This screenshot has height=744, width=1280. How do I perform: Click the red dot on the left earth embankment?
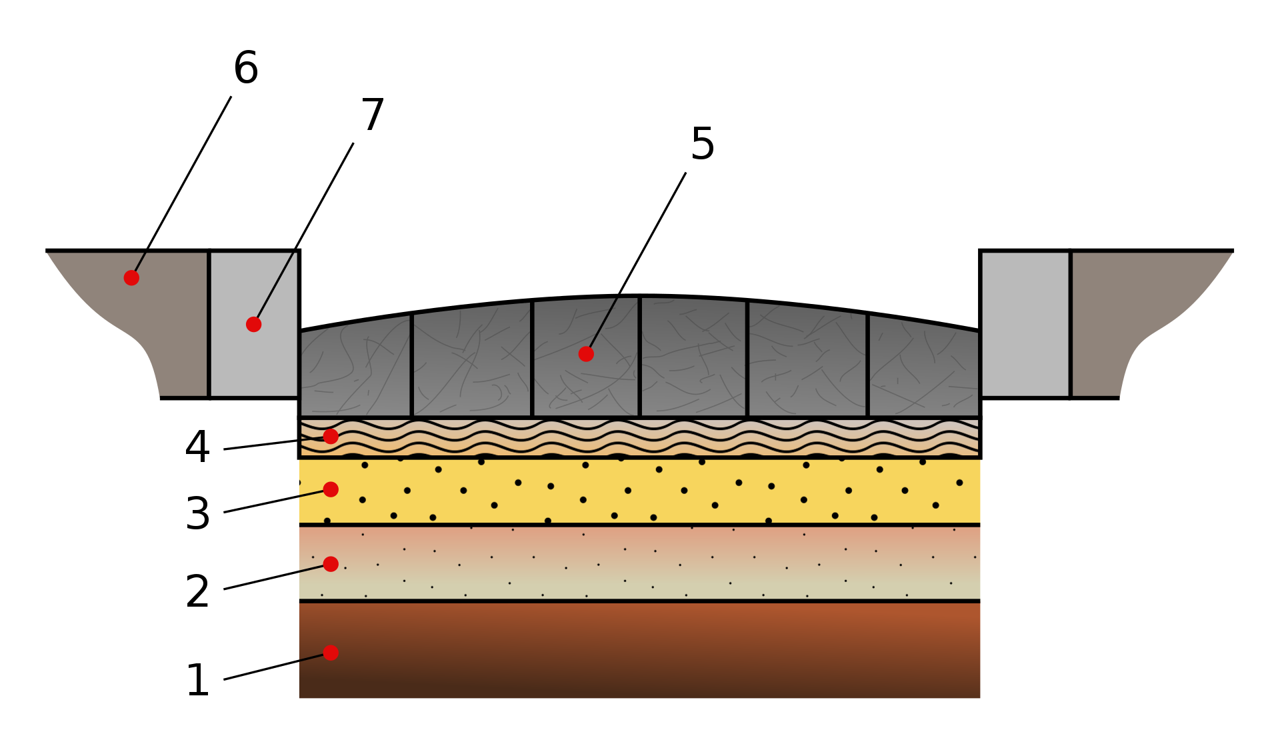(x=131, y=278)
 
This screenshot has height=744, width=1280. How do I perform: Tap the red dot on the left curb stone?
(x=253, y=325)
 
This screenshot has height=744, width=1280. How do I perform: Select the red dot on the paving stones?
(x=586, y=354)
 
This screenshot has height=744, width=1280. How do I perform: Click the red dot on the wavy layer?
(x=331, y=437)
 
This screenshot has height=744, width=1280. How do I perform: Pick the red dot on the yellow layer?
(x=331, y=489)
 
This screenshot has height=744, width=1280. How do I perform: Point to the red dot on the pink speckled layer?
(x=331, y=564)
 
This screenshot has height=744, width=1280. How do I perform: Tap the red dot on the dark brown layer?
(x=331, y=653)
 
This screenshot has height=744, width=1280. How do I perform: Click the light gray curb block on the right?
(x=1025, y=325)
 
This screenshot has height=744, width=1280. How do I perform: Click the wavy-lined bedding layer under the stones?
(x=640, y=437)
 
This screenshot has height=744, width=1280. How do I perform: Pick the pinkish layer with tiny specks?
(x=640, y=563)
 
